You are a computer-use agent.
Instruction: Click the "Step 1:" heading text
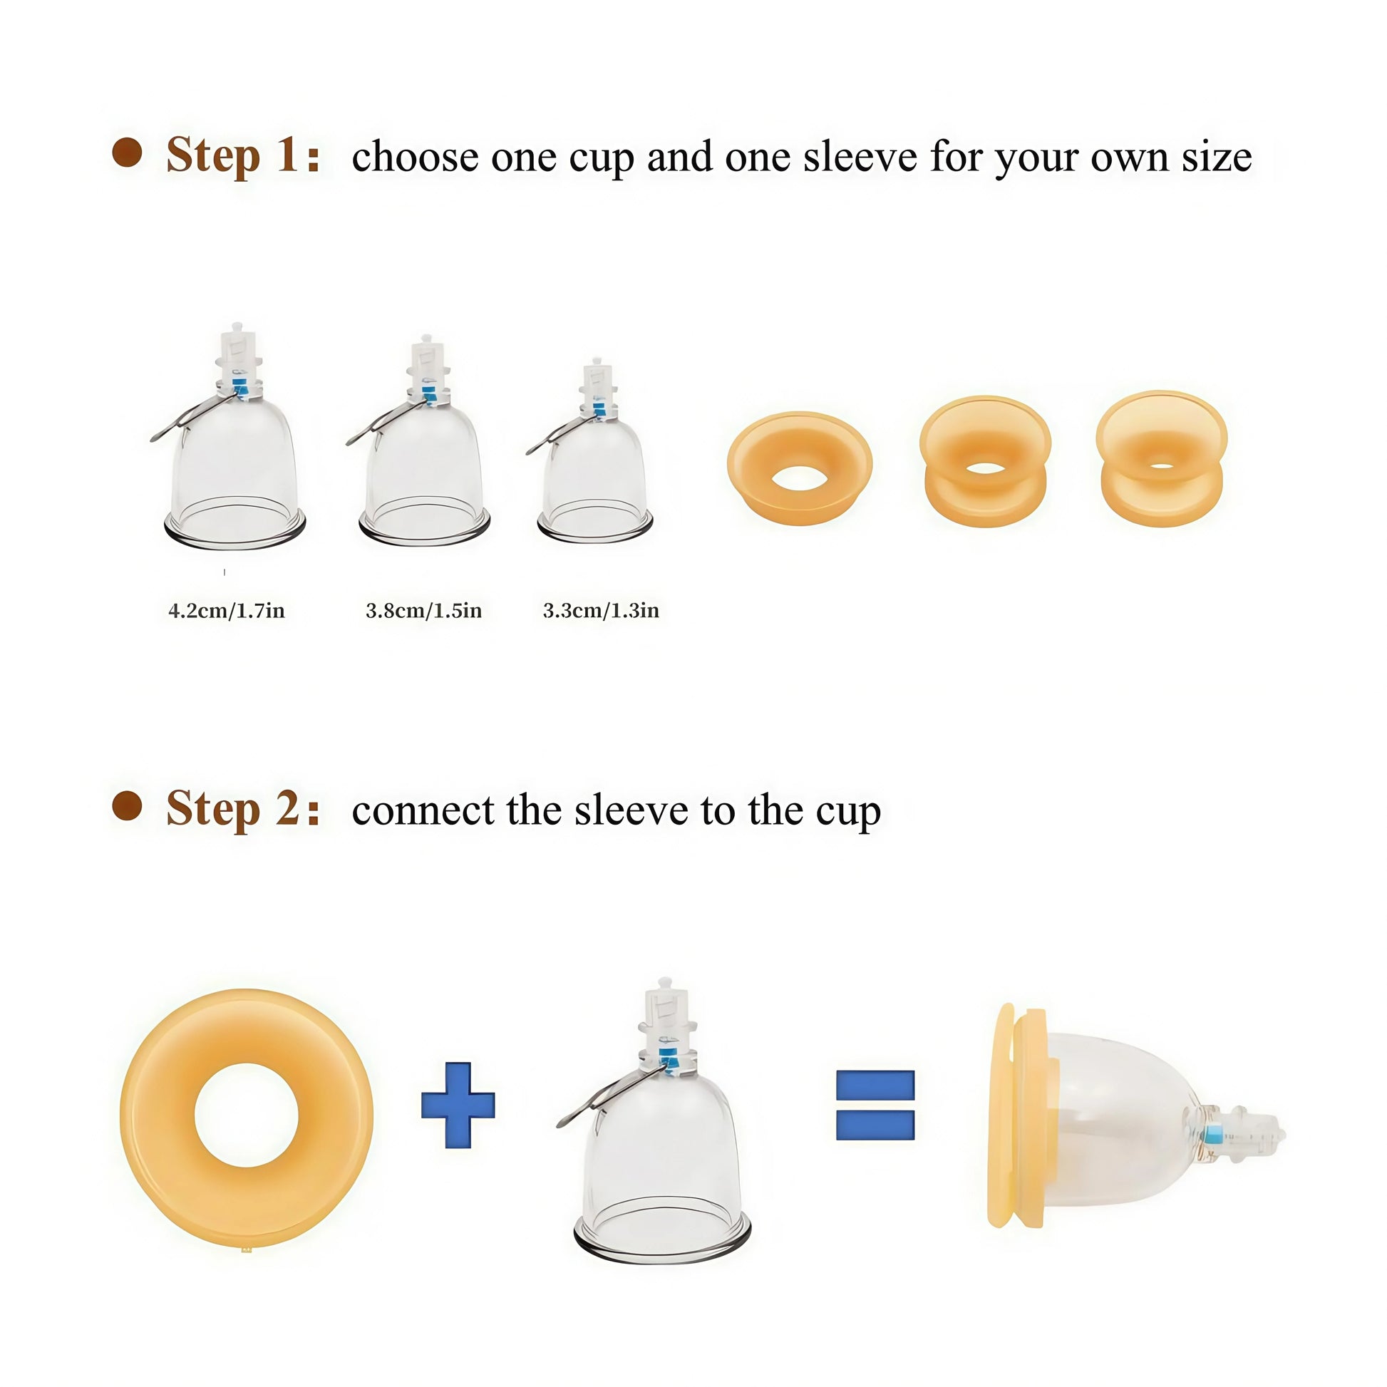pos(242,155)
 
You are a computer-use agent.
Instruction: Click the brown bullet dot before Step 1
pos(127,153)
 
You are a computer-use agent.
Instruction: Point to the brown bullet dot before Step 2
pos(127,805)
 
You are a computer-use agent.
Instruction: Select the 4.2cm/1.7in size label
pos(227,610)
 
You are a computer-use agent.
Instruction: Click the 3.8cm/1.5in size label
pos(423,610)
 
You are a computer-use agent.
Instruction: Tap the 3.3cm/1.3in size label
pos(601,610)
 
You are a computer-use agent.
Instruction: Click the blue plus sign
pos(458,1105)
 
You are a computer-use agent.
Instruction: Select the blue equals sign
pos(875,1105)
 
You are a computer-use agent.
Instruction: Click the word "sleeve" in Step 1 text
pos(860,157)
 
